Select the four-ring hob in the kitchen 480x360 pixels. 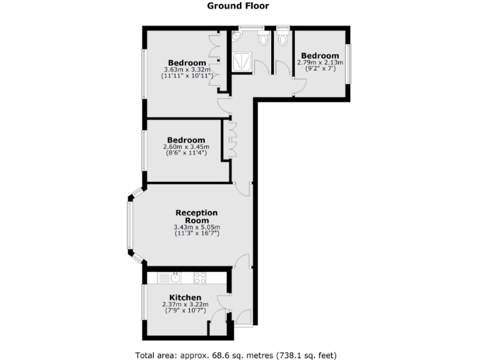coord(200,277)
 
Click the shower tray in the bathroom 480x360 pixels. coord(240,61)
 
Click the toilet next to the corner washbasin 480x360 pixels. coord(262,39)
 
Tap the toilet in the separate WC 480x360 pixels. coord(283,39)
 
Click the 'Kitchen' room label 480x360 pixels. coord(185,297)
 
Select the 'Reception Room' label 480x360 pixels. coord(196,217)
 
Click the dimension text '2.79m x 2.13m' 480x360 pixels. coord(319,62)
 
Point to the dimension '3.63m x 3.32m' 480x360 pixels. coord(187,69)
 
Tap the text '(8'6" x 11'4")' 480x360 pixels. coord(186,152)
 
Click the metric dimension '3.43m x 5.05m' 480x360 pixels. coord(196,227)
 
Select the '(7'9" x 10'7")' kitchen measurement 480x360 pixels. coord(185,311)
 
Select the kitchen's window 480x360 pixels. coord(143,302)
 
